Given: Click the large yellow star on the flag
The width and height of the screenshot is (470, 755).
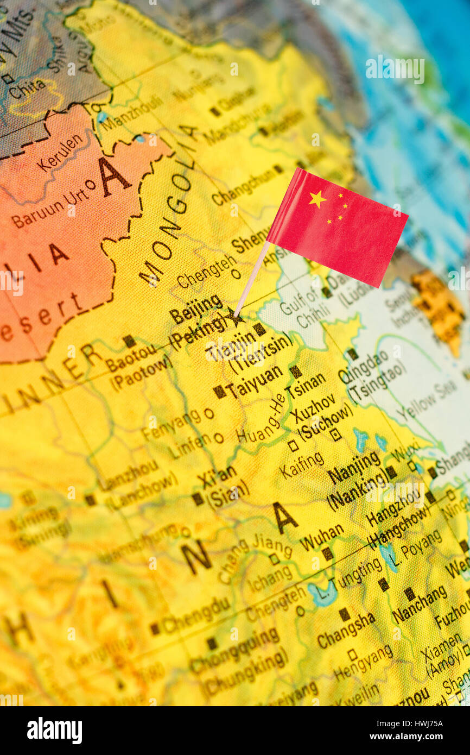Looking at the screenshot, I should click(x=317, y=199).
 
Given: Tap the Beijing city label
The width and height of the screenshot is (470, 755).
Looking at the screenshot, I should click(x=195, y=308).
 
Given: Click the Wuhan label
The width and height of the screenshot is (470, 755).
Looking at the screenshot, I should click(x=321, y=537).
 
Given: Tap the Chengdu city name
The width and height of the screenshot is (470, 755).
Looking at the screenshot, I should click(x=196, y=616).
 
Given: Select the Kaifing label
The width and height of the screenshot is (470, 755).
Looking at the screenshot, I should click(x=302, y=466).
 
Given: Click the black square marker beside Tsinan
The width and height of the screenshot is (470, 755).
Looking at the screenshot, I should click(x=295, y=372).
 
